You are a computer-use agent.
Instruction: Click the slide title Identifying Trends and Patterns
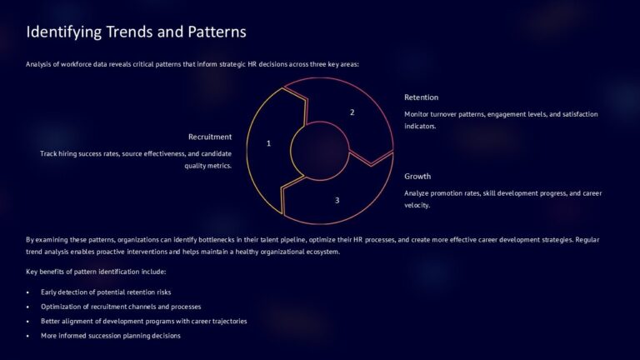coord(136,32)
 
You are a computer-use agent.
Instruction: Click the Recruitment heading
coord(210,137)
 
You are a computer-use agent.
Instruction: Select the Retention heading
coord(421,97)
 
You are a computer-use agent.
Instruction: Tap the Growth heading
coord(417,177)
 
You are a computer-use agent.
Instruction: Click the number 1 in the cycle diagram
coord(268,143)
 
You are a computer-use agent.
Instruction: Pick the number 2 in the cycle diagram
coord(352,112)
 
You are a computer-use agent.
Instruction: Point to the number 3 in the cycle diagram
coord(337,200)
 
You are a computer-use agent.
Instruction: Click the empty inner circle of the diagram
coord(320,151)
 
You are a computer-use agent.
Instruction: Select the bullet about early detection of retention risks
coord(105,292)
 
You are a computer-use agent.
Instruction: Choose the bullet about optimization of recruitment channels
coord(120,307)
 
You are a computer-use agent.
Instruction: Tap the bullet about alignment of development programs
coord(143,321)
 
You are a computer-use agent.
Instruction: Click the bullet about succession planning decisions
coord(110,335)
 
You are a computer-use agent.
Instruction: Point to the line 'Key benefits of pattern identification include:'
coord(96,272)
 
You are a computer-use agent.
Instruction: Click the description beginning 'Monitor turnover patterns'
coord(501,120)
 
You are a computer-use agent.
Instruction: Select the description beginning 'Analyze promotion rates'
coord(502,198)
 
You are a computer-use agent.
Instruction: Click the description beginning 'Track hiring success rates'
coord(136,159)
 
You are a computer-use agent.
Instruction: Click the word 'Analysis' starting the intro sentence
coord(40,64)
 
